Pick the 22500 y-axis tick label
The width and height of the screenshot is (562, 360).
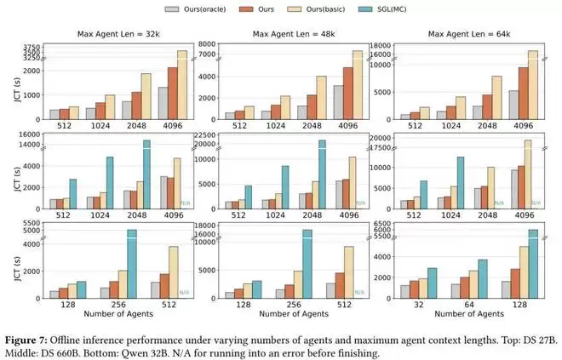click(199, 134)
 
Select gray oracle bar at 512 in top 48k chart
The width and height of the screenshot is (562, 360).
click(229, 116)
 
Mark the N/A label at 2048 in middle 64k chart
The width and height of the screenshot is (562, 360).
click(498, 203)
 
